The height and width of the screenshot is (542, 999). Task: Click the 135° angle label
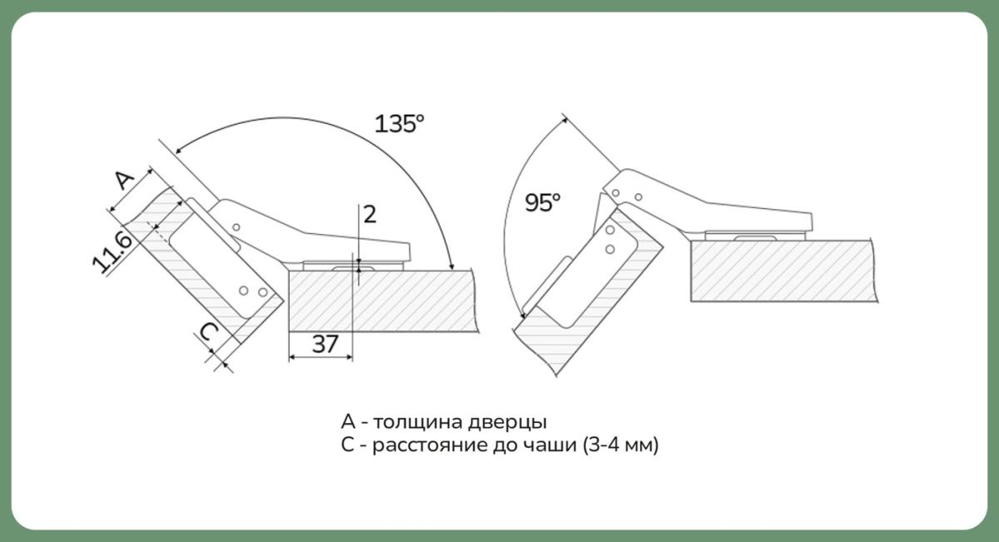(x=399, y=123)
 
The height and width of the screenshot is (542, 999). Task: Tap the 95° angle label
(x=542, y=202)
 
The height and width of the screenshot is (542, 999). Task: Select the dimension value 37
(x=326, y=345)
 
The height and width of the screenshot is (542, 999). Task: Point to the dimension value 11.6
(x=112, y=252)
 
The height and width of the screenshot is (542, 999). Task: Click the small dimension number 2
(x=370, y=215)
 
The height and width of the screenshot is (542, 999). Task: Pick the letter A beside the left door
(x=124, y=180)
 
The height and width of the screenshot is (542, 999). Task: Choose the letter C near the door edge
(x=209, y=332)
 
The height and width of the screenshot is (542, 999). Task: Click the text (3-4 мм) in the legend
(x=620, y=445)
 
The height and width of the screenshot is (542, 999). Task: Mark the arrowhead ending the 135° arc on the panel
(x=451, y=266)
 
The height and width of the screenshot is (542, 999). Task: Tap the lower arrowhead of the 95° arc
(x=523, y=315)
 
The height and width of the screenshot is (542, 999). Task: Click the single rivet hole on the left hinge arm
(x=236, y=227)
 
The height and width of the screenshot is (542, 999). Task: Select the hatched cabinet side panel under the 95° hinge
(x=783, y=271)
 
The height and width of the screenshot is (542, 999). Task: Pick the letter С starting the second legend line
(x=347, y=445)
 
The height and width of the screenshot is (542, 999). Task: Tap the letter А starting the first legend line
(x=348, y=421)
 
